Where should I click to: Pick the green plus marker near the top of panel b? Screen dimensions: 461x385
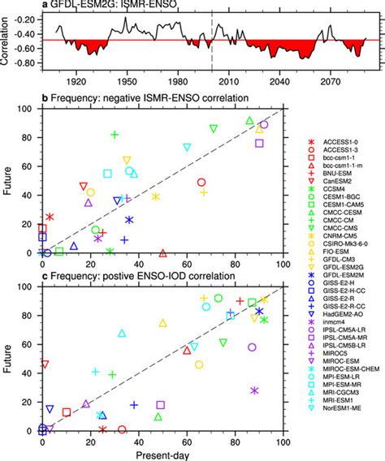pos(115,135)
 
